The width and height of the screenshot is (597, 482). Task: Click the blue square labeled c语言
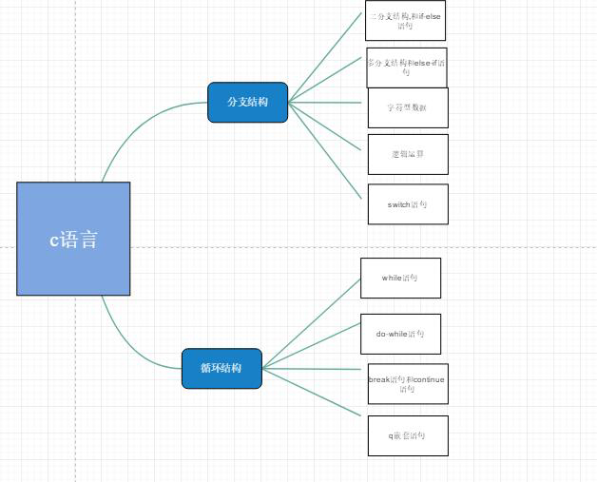pyautogui.click(x=73, y=239)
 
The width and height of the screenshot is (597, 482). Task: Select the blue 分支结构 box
pyautogui.click(x=247, y=102)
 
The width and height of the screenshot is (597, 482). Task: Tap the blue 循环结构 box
pyautogui.click(x=221, y=368)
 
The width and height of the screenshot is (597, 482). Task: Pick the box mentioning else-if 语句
pyautogui.click(x=406, y=67)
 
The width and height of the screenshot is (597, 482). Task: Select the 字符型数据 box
pyautogui.click(x=407, y=107)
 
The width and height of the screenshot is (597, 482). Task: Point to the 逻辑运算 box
pyautogui.click(x=407, y=154)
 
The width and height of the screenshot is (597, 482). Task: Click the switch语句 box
pyautogui.click(x=407, y=204)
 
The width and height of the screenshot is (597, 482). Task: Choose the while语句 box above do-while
pyautogui.click(x=400, y=278)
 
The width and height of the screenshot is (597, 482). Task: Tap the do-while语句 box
pyautogui.click(x=400, y=334)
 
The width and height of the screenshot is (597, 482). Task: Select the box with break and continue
pyautogui.click(x=407, y=383)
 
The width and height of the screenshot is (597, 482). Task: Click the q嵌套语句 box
pyautogui.click(x=407, y=435)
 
